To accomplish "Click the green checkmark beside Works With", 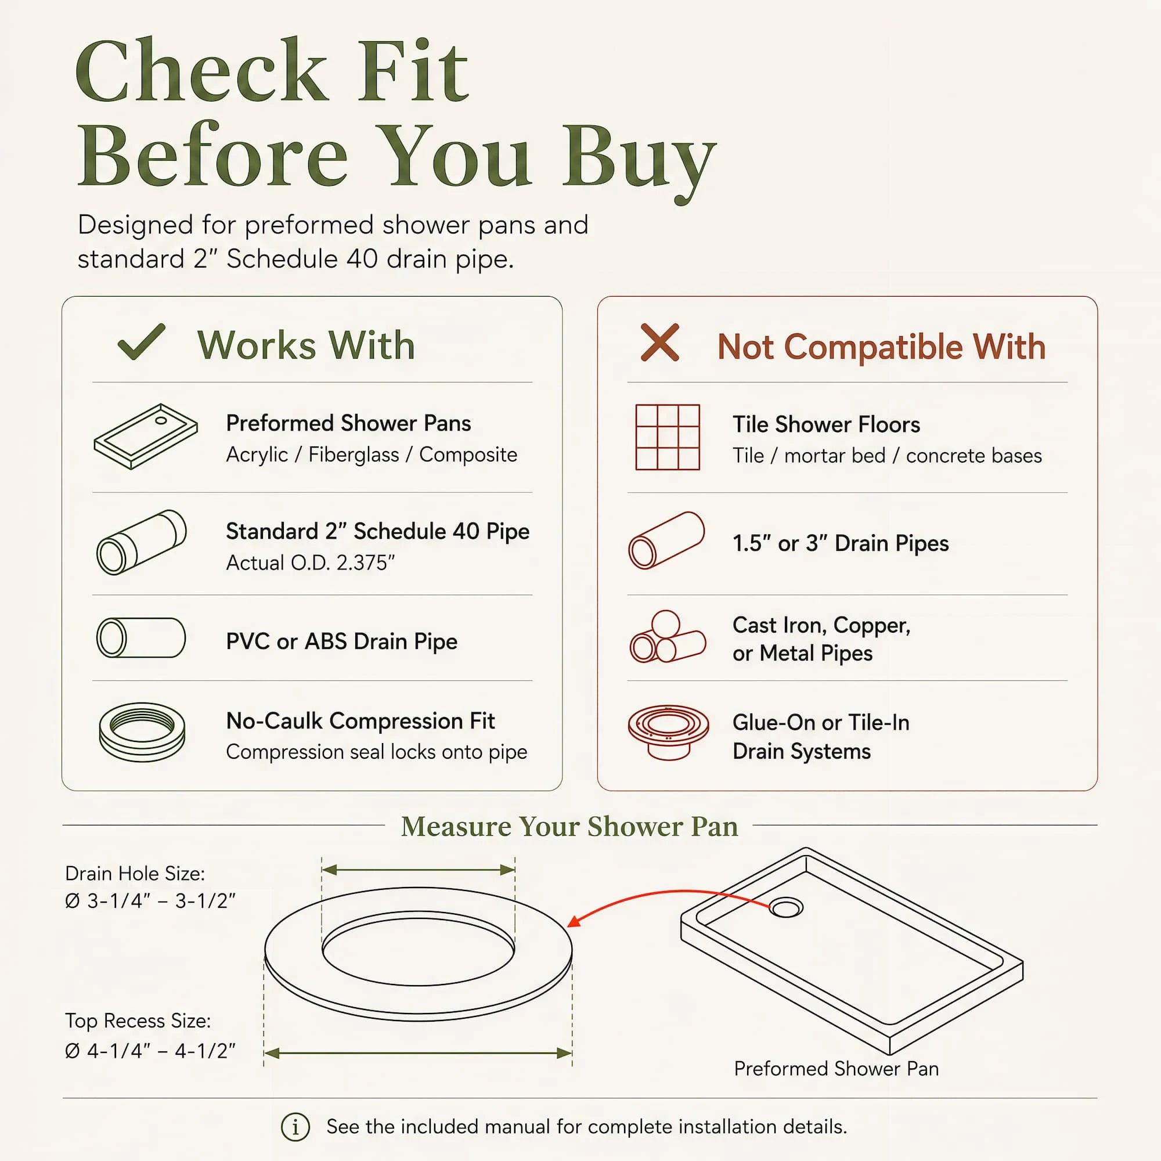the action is pyautogui.click(x=142, y=342).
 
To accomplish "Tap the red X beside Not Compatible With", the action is pyautogui.click(x=660, y=342).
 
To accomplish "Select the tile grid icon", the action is pyautogui.click(x=668, y=437).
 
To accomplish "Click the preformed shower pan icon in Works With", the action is pyautogui.click(x=146, y=437).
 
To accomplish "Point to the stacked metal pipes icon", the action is pyautogui.click(x=667, y=637).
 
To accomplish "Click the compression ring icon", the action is pyautogui.click(x=142, y=732).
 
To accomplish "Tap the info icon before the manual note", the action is pyautogui.click(x=295, y=1127).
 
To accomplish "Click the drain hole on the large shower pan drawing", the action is pyautogui.click(x=786, y=907).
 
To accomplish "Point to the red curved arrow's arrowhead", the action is pyautogui.click(x=574, y=921).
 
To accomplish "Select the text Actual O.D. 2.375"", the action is pyautogui.click(x=310, y=563).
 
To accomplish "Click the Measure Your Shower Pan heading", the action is pyautogui.click(x=569, y=826).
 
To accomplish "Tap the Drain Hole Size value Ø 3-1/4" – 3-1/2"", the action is pyautogui.click(x=150, y=901).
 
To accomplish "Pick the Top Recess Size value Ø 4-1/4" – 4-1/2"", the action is pyautogui.click(x=150, y=1051).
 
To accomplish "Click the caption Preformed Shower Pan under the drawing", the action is pyautogui.click(x=836, y=1069).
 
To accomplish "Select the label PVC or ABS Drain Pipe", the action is pyautogui.click(x=341, y=641).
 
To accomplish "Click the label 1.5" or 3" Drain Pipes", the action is pyautogui.click(x=840, y=543).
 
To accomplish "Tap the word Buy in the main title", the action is pyautogui.click(x=639, y=157).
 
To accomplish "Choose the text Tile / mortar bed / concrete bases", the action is pyautogui.click(x=886, y=456).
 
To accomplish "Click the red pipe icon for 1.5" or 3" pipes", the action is pyautogui.click(x=666, y=540).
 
